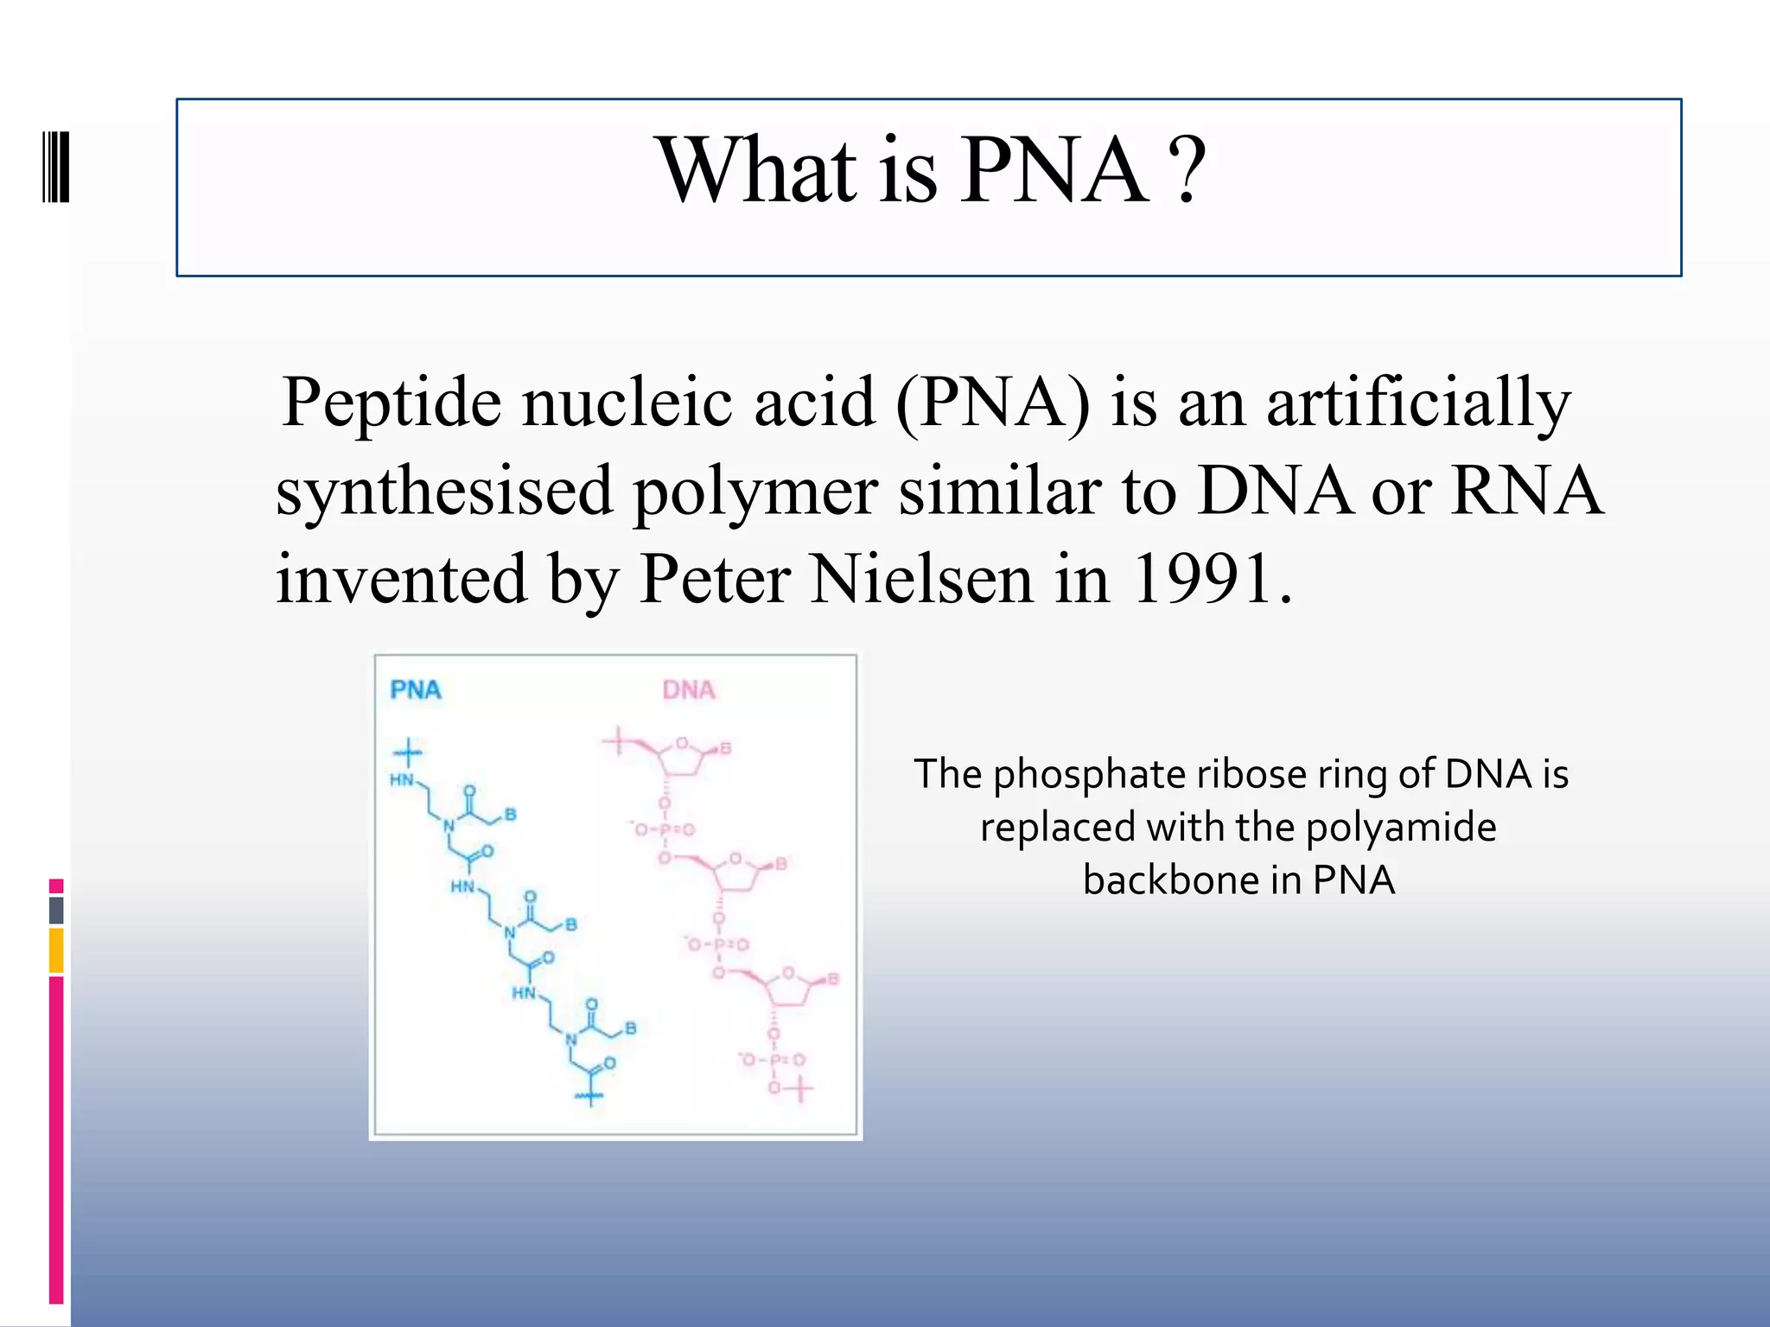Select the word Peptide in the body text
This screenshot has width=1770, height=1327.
[x=392, y=404]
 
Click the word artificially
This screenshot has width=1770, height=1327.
[x=1418, y=404]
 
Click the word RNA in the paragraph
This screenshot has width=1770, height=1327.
[x=1526, y=490]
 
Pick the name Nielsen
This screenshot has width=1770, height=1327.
[x=921, y=579]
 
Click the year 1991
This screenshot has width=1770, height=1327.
[x=1203, y=579]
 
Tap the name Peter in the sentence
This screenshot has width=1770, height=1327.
[x=714, y=579]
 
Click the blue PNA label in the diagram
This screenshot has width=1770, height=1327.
[x=416, y=689]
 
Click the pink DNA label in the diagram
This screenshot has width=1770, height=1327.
[x=689, y=689]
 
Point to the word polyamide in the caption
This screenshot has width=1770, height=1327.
[x=1400, y=828]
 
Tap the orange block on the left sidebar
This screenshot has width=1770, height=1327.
[x=56, y=950]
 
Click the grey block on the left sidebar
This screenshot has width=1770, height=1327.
[x=56, y=911]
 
